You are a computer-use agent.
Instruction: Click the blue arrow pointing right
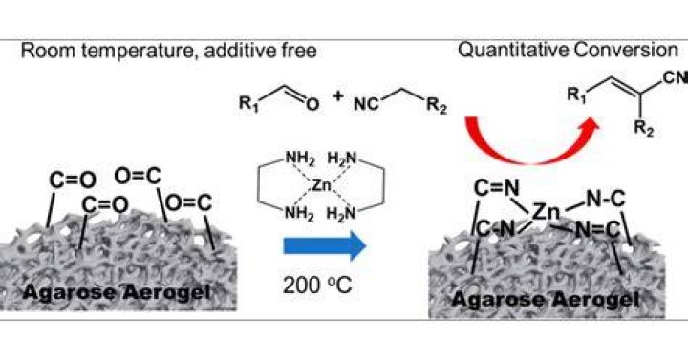point(325,245)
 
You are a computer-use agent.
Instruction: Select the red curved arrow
point(527,151)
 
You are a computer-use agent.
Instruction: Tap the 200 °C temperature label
point(317,286)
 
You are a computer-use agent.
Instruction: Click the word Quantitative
point(513,51)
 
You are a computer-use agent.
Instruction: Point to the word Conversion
point(626,50)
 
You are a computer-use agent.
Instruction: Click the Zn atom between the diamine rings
point(321,185)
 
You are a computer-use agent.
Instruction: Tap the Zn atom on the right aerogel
point(546,212)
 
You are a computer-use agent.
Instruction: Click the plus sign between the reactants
point(337,95)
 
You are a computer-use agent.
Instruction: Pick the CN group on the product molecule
point(676,77)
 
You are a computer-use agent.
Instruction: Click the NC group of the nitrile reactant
point(366,104)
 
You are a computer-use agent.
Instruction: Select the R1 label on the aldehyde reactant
point(249,104)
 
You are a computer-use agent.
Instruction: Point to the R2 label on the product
point(644,129)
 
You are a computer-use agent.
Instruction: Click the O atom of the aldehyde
point(312,104)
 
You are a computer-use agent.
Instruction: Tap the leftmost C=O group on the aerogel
point(73,180)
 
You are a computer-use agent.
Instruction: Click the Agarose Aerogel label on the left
point(117,292)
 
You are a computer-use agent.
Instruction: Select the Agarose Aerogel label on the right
point(545,300)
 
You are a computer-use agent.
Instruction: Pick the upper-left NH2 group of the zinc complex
point(300,159)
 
